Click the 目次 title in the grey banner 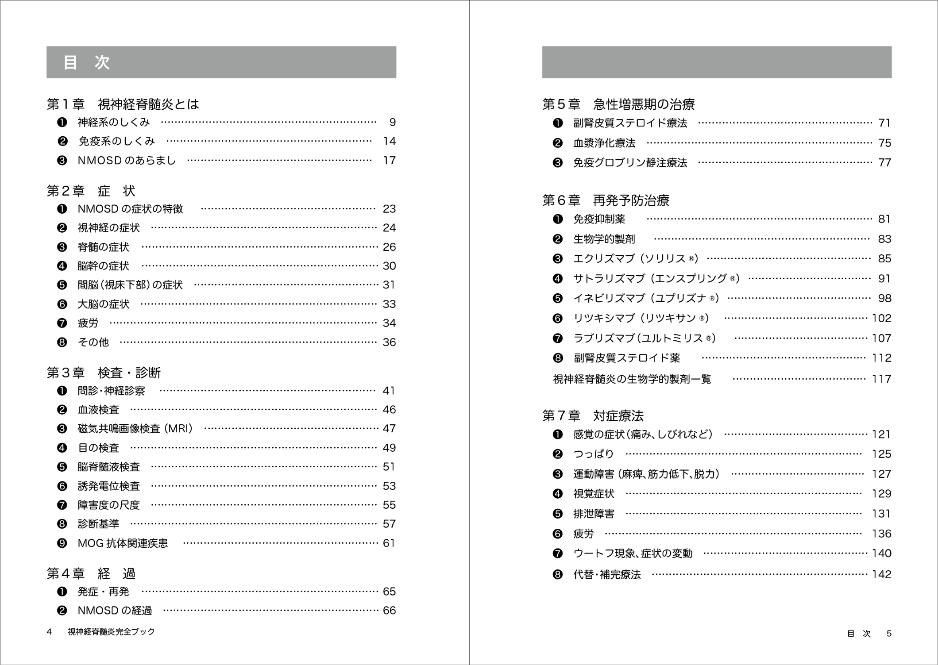(x=86, y=62)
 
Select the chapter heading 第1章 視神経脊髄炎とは (x=123, y=104)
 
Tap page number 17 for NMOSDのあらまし (x=389, y=161)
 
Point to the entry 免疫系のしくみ (x=116, y=141)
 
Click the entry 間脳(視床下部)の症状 (x=130, y=285)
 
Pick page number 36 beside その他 (x=389, y=342)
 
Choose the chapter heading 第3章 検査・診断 (x=104, y=373)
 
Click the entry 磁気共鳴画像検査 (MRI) (x=135, y=429)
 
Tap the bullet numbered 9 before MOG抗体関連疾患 (x=62, y=543)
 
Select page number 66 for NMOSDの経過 (x=389, y=611)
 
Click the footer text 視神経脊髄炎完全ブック (x=111, y=632)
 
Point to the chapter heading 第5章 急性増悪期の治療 (x=618, y=104)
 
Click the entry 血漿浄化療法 (x=604, y=143)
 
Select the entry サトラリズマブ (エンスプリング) (x=656, y=279)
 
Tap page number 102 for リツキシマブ (x=881, y=318)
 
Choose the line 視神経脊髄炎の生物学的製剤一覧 (x=632, y=379)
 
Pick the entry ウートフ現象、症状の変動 (x=633, y=554)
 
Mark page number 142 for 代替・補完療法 (x=881, y=574)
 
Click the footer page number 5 (x=889, y=634)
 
